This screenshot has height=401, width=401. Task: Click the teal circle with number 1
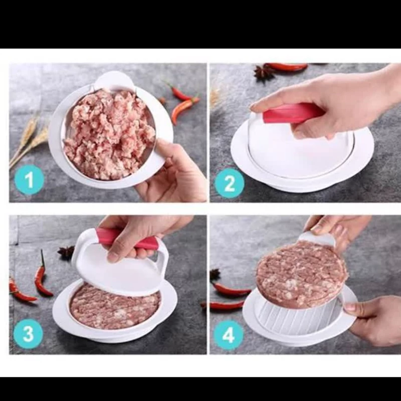29,180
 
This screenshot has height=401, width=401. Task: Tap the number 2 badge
229,183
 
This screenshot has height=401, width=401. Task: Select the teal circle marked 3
28,334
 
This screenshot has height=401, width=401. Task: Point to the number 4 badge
229,334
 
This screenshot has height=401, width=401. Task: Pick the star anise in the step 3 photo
66,253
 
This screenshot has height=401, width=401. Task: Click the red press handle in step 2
292,113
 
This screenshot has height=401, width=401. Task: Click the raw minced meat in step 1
109,134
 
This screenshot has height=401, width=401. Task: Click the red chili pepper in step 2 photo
286,67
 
